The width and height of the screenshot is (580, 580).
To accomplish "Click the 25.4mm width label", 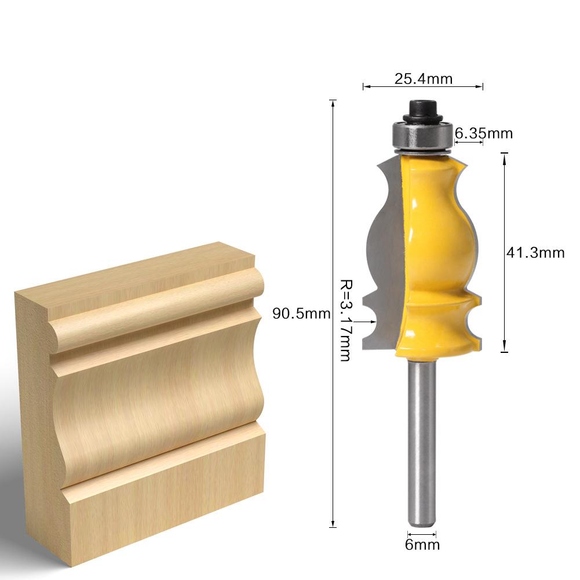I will [x=423, y=78].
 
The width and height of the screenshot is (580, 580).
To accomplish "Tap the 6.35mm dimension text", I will [x=484, y=133].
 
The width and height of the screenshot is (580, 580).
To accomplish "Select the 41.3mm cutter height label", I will [x=535, y=253].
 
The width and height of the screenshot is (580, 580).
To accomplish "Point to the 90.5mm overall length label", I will [x=301, y=314].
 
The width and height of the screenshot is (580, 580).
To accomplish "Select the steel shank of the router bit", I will [x=421, y=440].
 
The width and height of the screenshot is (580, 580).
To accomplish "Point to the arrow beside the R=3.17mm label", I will [x=366, y=320].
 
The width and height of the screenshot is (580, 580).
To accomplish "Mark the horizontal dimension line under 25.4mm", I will [x=423, y=87].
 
